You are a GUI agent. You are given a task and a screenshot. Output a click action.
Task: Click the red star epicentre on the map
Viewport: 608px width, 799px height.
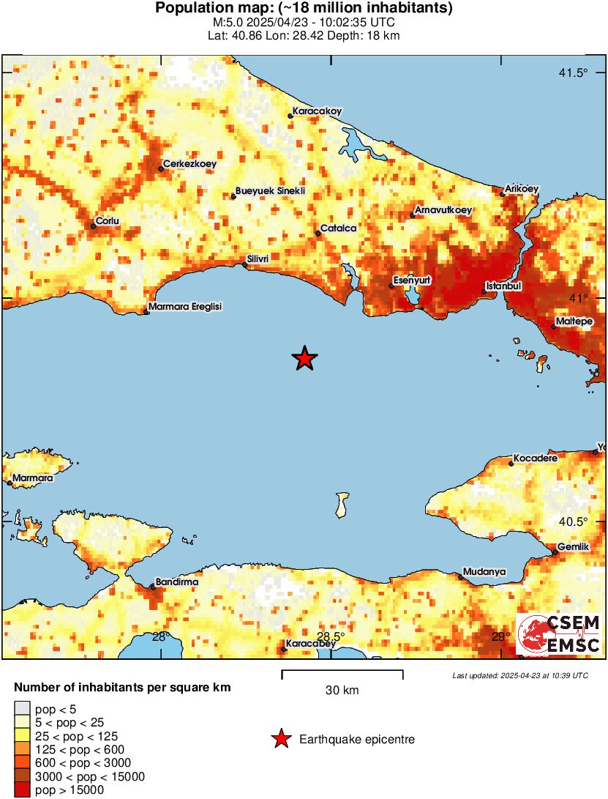(x=304, y=358)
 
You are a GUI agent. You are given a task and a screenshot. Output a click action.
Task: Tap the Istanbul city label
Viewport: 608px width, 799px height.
(x=503, y=286)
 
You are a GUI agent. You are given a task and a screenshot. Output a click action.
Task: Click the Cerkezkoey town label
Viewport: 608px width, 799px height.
(x=189, y=164)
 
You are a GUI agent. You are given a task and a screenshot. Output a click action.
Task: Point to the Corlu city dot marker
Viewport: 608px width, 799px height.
(x=94, y=226)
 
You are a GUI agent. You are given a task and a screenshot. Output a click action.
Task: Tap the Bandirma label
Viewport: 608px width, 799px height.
(x=177, y=581)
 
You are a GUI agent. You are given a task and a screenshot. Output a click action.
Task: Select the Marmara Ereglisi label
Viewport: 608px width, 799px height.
(x=184, y=307)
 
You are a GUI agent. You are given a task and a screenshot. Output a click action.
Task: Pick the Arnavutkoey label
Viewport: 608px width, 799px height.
(x=443, y=210)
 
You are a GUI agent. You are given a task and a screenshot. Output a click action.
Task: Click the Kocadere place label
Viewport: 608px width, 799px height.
(x=535, y=458)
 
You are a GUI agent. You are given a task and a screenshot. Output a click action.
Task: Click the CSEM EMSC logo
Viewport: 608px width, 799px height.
(x=559, y=634)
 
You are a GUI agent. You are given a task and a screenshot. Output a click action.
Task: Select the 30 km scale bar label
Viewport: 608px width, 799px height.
(x=342, y=690)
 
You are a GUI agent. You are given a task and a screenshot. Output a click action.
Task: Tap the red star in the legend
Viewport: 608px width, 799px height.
(x=281, y=740)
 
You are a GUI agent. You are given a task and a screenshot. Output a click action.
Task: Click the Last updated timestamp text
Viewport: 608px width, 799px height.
(x=520, y=675)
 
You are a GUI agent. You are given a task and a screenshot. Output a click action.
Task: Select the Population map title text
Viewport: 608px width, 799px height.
(x=304, y=9)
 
